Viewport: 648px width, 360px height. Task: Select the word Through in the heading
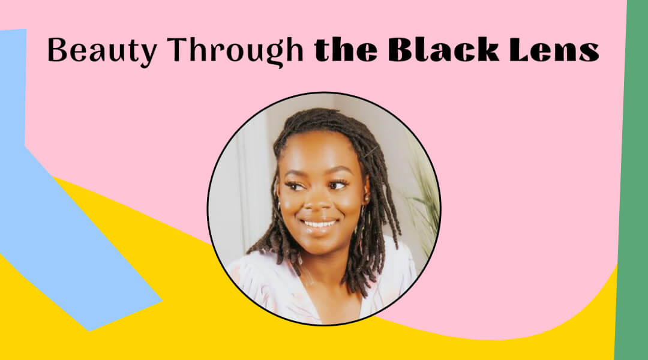(222, 50)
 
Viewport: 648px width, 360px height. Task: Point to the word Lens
(552, 50)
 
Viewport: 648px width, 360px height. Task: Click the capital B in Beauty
(57, 50)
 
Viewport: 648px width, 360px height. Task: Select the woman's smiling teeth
(320, 224)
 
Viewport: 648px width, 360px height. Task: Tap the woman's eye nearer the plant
(337, 185)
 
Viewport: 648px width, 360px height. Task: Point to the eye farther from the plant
(295, 185)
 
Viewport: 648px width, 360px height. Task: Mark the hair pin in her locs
(370, 151)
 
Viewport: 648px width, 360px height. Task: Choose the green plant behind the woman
(423, 198)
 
